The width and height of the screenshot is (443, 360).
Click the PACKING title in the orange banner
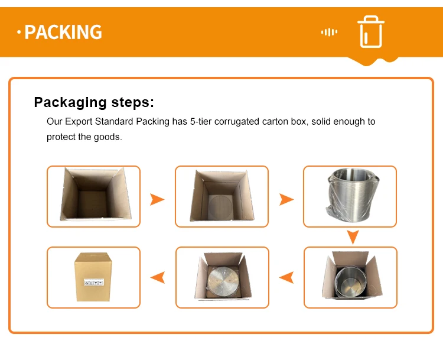63,32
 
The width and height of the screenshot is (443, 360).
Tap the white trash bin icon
371,32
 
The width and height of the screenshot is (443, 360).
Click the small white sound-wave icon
329,32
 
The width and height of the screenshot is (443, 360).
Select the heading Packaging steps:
94,102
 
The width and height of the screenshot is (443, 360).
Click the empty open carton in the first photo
95,194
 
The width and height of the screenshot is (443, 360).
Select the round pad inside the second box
221,206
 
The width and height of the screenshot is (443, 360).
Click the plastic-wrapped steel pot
352,195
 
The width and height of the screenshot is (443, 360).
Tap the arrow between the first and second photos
157,199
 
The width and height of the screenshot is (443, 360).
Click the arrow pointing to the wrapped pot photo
286,199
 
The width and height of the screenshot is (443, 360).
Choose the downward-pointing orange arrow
353,237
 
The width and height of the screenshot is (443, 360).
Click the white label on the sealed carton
94,282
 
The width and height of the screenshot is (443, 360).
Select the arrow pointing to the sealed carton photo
158,277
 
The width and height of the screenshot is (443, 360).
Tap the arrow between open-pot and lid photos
286,277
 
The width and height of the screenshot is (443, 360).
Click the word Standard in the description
114,122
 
